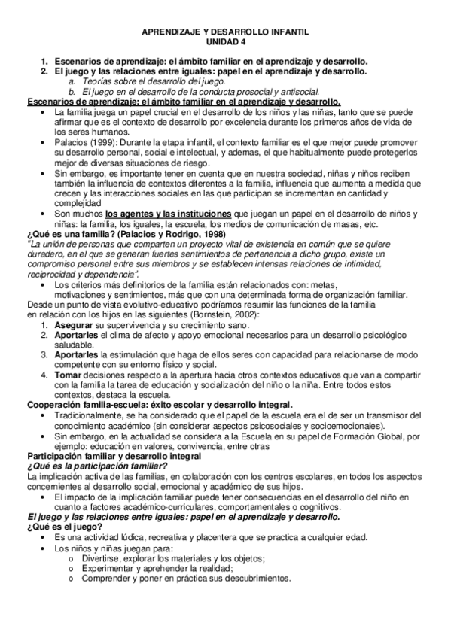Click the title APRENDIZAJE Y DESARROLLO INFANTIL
point(225,33)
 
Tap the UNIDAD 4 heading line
point(225,43)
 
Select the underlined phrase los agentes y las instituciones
point(169,213)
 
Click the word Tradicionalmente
point(95,415)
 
